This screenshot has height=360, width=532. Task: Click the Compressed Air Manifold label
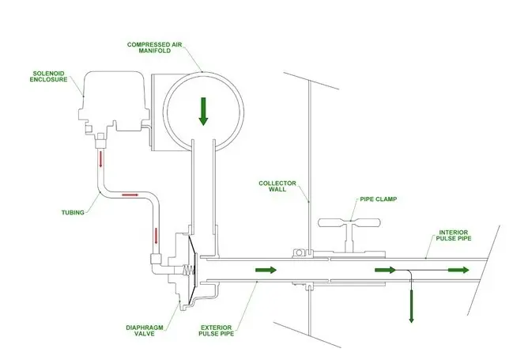[x=154, y=47]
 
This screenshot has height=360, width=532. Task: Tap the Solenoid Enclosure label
[x=48, y=77]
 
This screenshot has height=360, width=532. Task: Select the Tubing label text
[x=73, y=213]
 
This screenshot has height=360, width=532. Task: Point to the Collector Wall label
[x=277, y=186]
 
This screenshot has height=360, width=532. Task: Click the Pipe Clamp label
[x=379, y=199]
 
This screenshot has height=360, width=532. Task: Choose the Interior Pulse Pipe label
[x=454, y=235]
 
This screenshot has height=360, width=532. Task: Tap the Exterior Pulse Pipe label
[x=216, y=331]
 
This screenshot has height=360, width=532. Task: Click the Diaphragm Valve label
[x=145, y=331]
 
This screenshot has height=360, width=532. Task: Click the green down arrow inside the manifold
[x=203, y=112]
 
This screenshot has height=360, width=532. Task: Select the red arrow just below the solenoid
[x=100, y=159]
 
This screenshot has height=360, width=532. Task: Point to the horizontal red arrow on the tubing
[x=130, y=195]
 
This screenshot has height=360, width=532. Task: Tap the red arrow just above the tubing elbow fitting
[x=156, y=236]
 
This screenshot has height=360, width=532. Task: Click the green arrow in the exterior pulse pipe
[x=266, y=270]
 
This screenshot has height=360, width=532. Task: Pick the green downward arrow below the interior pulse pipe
[x=411, y=305]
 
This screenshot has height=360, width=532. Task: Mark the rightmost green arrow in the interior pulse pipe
[x=458, y=270]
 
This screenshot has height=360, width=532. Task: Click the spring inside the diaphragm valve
[x=188, y=271]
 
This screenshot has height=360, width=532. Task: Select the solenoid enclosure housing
[x=114, y=102]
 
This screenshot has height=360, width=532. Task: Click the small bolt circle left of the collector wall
[x=299, y=252]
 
